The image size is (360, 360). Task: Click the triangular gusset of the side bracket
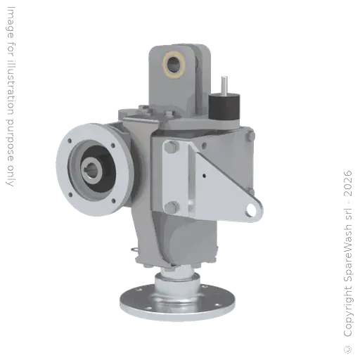tap(225, 183)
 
